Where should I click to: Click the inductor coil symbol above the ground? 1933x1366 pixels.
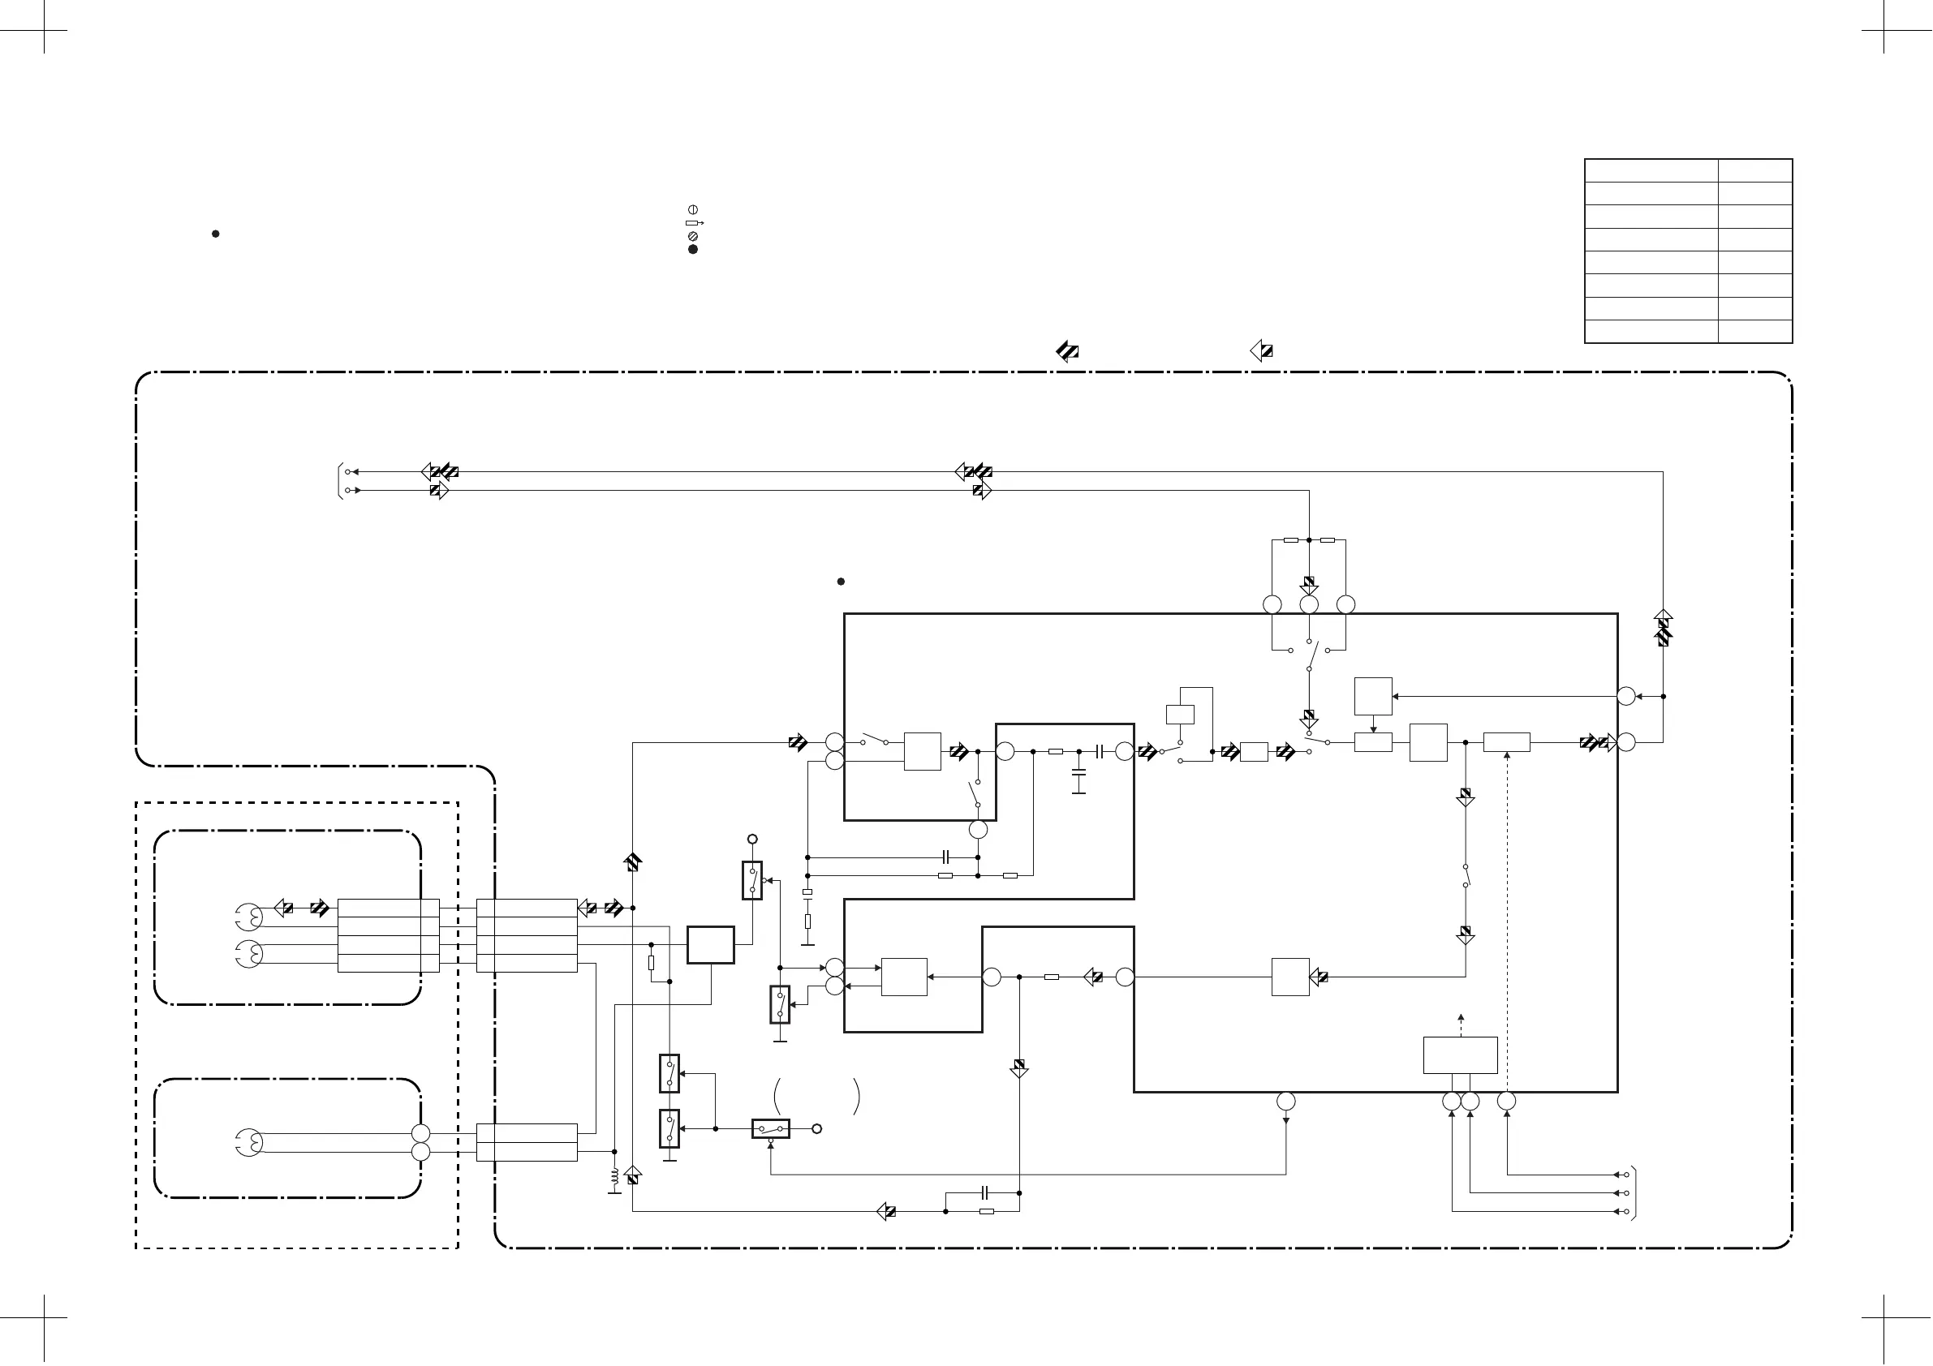613,1175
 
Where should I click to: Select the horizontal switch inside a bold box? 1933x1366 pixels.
770,1128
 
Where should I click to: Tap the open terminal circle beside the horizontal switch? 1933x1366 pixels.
816,1128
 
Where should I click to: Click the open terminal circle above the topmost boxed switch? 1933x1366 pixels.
751,839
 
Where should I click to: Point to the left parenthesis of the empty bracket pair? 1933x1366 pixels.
777,1096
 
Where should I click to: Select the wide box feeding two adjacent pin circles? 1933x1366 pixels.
1460,1055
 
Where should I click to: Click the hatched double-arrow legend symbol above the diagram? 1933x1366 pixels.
1067,351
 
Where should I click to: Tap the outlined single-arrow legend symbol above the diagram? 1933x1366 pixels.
1261,351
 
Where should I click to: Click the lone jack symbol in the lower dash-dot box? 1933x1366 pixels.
249,1142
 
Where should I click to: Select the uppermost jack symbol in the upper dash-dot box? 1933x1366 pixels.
248,915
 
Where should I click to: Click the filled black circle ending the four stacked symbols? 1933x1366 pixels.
693,249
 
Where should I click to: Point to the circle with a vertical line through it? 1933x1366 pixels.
693,208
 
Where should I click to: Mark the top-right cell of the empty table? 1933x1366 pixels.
1754,170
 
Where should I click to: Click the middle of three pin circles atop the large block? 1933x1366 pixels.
1308,604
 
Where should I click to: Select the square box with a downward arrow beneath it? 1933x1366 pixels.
1373,696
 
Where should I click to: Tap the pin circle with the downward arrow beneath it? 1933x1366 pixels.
1285,1101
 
